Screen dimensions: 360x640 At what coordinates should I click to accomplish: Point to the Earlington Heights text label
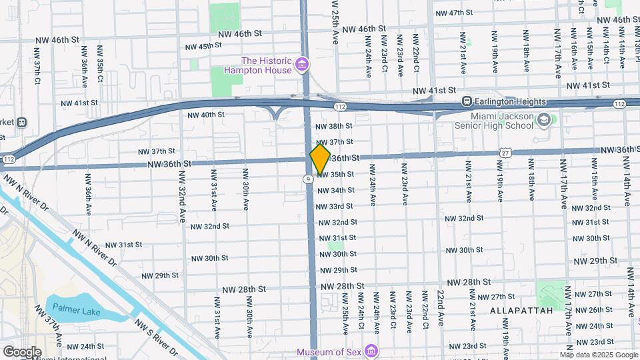pos(511,102)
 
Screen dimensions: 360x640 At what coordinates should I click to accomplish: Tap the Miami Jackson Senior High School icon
pos(545,120)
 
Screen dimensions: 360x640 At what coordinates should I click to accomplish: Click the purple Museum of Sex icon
pos(371,351)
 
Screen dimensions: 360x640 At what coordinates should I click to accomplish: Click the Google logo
pos(21,352)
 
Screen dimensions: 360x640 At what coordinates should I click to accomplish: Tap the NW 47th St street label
pos(454,13)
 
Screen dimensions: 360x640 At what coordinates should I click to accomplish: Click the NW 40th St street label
pos(206,115)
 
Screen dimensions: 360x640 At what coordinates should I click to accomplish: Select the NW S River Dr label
pos(155,337)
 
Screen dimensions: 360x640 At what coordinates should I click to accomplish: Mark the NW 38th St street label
pos(333,126)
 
